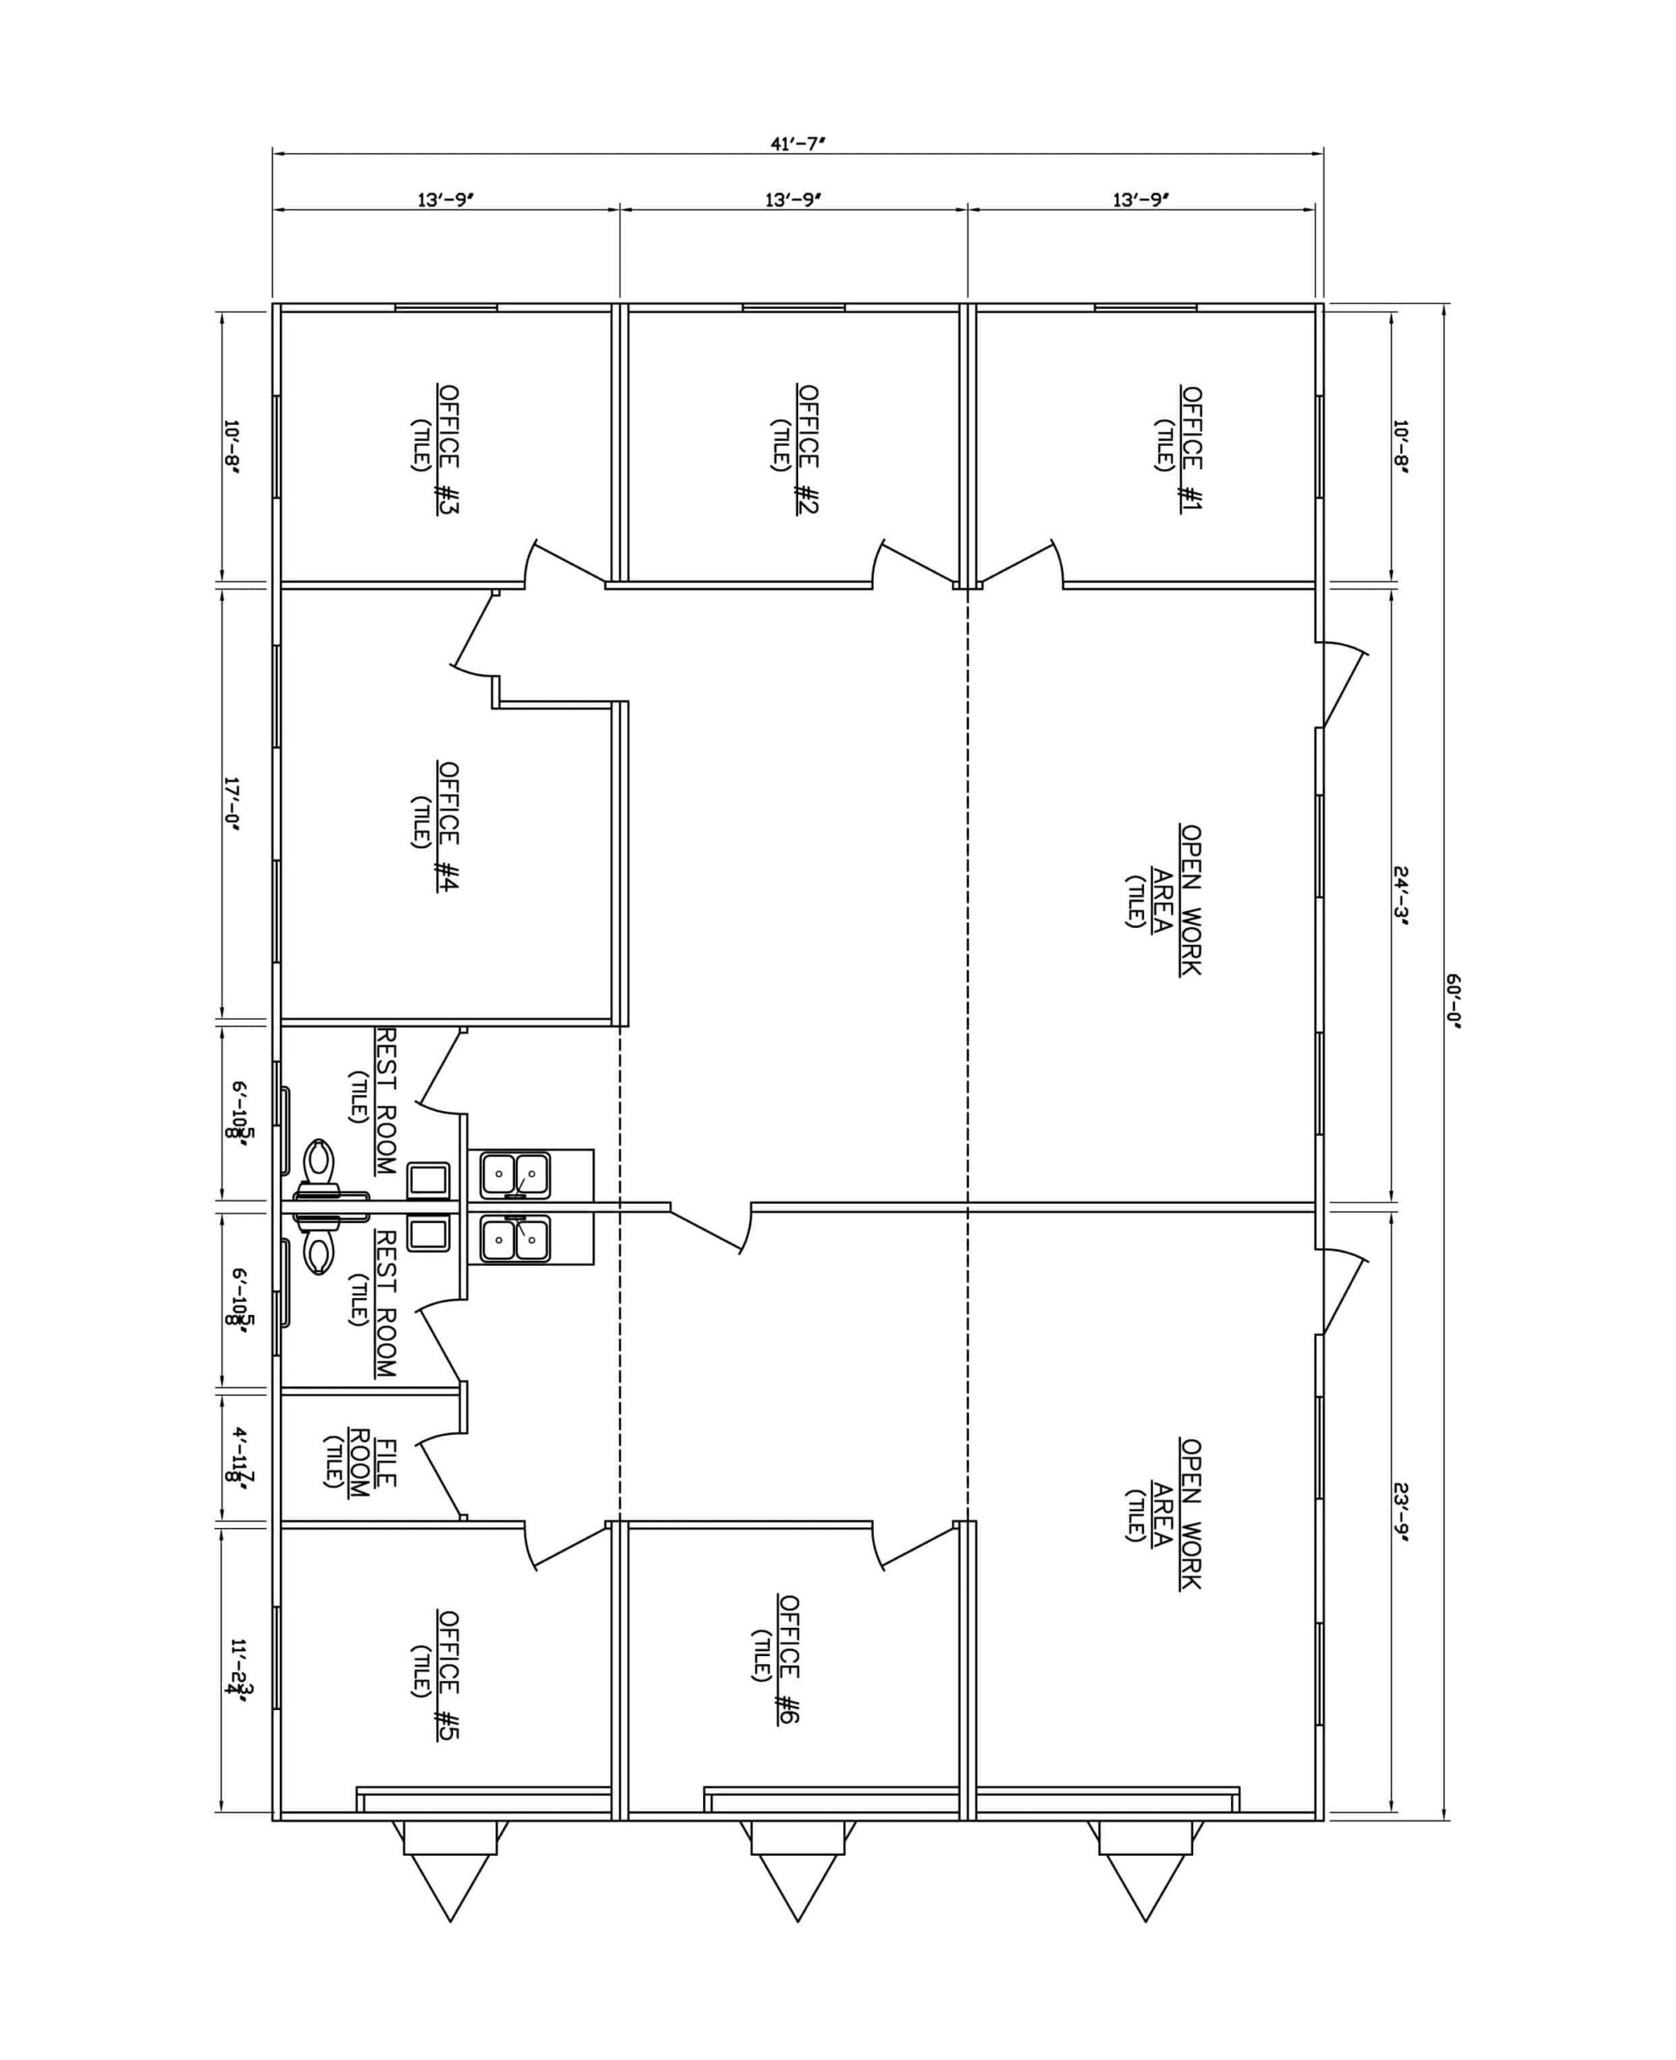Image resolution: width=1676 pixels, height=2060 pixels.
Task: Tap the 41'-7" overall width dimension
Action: point(797,144)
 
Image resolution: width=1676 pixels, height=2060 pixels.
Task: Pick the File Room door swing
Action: point(440,1480)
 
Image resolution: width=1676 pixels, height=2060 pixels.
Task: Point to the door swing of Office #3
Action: point(566,562)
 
